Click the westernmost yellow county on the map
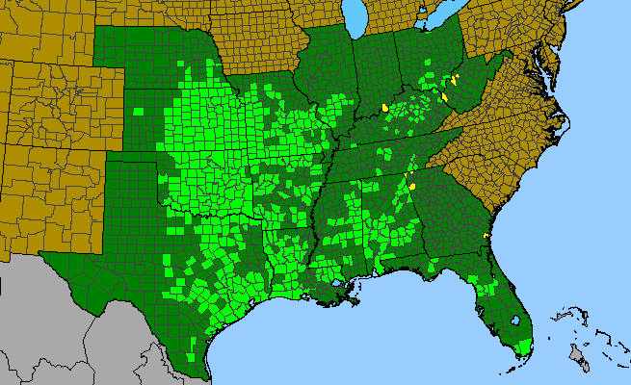pyautogui.click(x=384, y=108)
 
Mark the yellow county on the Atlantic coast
pyautogui.click(x=486, y=236)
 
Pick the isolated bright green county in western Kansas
pyautogui.click(x=139, y=111)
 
